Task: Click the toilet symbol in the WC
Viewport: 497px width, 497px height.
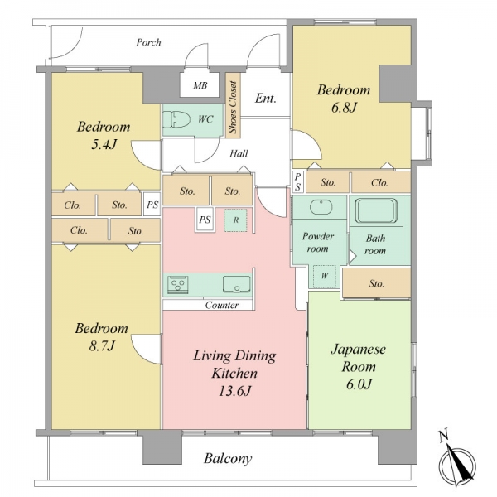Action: (x=181, y=120)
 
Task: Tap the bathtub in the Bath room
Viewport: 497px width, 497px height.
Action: (x=376, y=210)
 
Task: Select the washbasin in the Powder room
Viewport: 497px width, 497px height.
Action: (x=321, y=207)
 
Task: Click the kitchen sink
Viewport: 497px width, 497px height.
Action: (x=236, y=284)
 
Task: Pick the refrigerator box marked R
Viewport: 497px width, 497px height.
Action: (x=235, y=220)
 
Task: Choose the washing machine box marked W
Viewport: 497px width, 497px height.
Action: (x=325, y=277)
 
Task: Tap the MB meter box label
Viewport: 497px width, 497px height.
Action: (x=200, y=85)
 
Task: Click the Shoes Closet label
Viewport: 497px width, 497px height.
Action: (x=234, y=107)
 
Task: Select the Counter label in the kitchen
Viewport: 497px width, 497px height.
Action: (x=222, y=305)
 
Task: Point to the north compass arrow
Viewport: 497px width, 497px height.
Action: (x=458, y=465)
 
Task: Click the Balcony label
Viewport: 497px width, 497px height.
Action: (x=228, y=458)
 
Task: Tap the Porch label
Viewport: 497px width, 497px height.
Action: (x=148, y=42)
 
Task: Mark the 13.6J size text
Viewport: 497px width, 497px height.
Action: (x=235, y=391)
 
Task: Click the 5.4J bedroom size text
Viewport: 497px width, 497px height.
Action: (x=104, y=144)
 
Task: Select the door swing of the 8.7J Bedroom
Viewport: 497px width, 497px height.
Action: (x=146, y=350)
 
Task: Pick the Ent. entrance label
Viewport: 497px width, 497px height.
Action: (x=266, y=99)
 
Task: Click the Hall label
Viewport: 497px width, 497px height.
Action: (x=239, y=154)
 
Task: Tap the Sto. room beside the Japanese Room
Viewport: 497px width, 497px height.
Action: (x=377, y=283)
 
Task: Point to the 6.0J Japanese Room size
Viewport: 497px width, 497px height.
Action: (x=359, y=384)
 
